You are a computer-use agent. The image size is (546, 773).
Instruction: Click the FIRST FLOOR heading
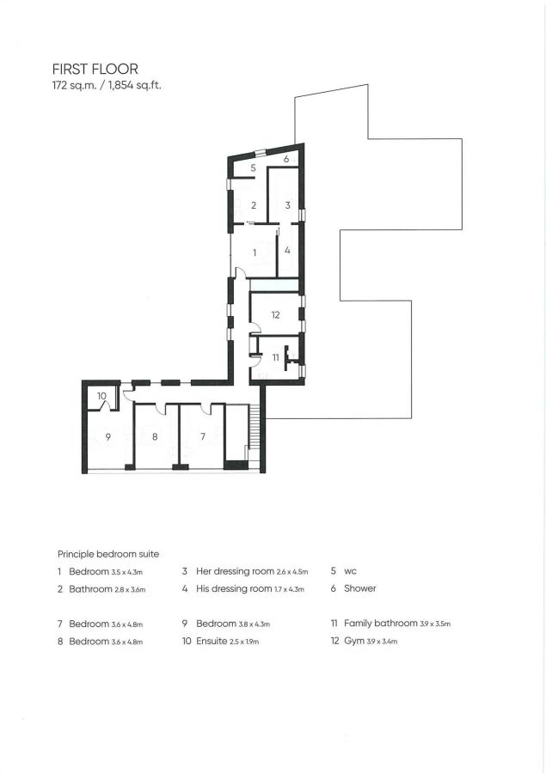[95, 70]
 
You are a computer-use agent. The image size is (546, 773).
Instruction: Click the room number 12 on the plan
[275, 315]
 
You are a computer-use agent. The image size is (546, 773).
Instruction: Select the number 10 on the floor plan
[101, 396]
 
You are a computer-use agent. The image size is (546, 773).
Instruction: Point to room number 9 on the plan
[107, 437]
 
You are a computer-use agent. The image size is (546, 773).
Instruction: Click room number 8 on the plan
[155, 437]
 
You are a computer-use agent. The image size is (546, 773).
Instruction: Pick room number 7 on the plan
[203, 437]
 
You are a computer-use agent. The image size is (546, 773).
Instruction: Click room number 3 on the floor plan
[288, 205]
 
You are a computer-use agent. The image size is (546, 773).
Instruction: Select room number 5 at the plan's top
[254, 168]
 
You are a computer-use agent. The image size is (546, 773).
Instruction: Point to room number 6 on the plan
[285, 160]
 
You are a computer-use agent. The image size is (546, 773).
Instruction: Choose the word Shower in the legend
[359, 588]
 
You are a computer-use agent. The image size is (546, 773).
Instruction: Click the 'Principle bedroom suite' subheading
[107, 554]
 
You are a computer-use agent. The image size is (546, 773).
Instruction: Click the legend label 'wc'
[350, 570]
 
